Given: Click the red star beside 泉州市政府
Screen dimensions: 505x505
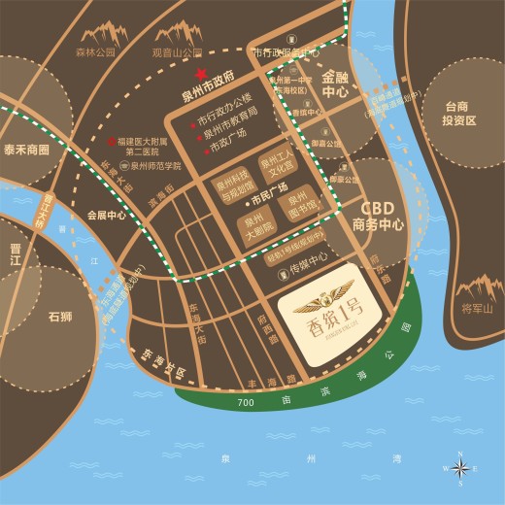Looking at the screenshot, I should [201, 74].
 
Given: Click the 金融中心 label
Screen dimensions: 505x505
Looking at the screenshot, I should [335, 84].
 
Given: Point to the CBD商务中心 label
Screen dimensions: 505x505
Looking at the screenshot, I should [379, 216].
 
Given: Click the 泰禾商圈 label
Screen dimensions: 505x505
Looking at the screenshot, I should [25, 151].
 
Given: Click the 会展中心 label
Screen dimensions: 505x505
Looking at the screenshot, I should [106, 216].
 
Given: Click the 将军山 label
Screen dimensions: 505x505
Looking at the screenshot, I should [477, 309].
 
